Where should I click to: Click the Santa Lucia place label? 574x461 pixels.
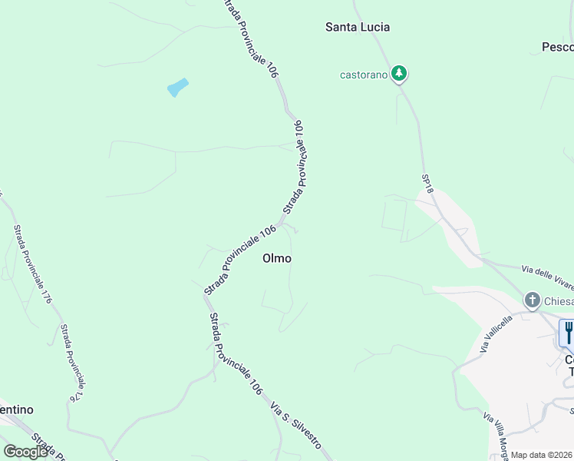point(358,27)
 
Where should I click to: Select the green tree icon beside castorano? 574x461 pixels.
point(399,74)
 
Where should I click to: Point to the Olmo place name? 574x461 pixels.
point(277,258)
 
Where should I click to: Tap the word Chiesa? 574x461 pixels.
point(559,300)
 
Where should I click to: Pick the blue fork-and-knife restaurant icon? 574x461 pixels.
point(568,333)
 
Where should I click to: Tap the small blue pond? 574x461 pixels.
point(177,88)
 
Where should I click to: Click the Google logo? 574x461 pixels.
point(25,452)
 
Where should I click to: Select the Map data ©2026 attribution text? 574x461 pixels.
point(542,455)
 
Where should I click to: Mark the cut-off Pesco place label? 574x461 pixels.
point(557,47)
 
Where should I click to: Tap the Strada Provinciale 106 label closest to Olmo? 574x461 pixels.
point(239,260)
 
